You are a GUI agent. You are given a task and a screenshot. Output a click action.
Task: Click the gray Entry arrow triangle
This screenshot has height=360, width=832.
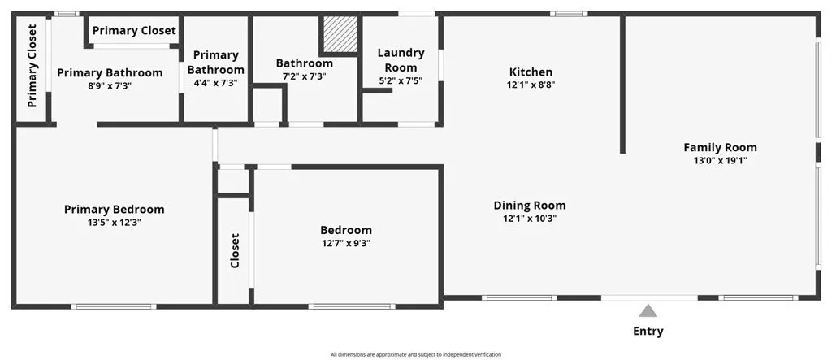[648, 311]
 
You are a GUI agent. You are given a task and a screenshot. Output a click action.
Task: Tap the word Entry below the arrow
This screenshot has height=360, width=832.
[648, 332]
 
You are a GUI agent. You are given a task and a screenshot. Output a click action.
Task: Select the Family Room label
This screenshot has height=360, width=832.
[720, 148]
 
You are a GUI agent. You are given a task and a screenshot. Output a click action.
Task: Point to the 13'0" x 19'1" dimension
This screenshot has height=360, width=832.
[720, 161]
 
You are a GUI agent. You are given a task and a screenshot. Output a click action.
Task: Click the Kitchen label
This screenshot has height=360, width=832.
[531, 72]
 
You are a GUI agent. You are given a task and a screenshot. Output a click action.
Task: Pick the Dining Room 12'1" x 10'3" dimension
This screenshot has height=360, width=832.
[530, 218]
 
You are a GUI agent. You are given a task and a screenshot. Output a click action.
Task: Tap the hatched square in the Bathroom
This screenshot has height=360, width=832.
[340, 34]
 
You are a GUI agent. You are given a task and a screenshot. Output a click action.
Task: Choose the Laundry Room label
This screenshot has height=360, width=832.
[401, 60]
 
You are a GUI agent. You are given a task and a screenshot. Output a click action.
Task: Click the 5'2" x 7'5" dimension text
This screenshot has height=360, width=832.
[401, 80]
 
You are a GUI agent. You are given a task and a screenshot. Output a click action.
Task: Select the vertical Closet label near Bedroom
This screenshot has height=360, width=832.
[235, 250]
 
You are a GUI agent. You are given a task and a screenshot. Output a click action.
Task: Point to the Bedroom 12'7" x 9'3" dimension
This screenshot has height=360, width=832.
[345, 244]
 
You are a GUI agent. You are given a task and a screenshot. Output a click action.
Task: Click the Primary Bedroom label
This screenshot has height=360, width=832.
[114, 210]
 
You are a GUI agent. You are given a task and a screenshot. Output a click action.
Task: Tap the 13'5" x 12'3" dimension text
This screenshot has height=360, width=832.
[114, 223]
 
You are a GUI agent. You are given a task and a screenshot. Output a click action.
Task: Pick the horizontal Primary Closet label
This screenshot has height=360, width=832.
[134, 31]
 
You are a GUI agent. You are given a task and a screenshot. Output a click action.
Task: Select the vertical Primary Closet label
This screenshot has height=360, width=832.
[32, 66]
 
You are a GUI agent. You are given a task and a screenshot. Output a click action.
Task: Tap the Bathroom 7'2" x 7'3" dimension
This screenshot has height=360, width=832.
[304, 76]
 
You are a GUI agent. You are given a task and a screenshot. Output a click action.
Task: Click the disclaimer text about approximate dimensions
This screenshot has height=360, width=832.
[416, 354]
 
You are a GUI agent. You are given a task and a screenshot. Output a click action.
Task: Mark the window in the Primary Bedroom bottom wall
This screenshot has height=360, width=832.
[114, 306]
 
